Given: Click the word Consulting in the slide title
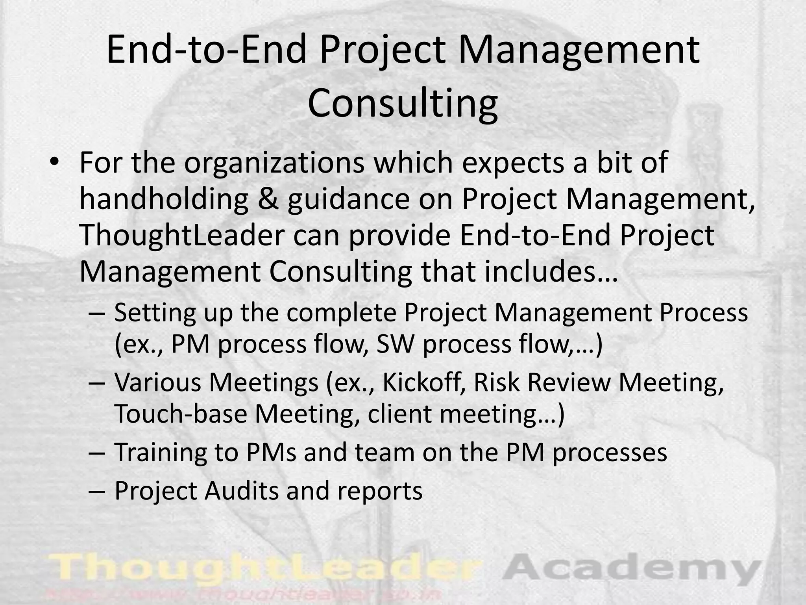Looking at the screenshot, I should click(403, 103).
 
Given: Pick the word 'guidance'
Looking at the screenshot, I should click(348, 200).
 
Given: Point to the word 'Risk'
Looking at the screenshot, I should click(497, 382).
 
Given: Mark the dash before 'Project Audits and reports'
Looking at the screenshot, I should click(97, 491).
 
